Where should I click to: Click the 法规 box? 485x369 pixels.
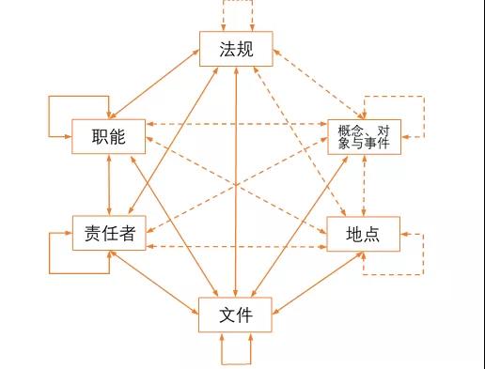coord(235,50)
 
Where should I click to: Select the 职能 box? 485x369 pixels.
coord(110,138)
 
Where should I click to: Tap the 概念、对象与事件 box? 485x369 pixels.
coord(363,137)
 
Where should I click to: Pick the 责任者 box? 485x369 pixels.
coord(109,233)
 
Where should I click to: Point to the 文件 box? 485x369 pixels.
coord(235,314)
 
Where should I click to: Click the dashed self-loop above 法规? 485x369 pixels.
coord(236,6)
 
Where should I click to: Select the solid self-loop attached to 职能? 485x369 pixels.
coord(49,117)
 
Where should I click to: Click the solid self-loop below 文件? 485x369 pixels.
coord(236,360)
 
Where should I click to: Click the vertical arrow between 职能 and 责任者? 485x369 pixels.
coord(111,185)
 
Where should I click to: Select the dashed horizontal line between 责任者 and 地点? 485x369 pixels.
coord(235,246)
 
